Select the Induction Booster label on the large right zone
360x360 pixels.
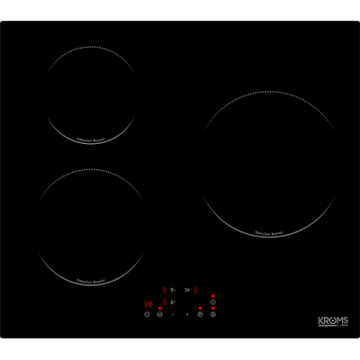pos(270,232)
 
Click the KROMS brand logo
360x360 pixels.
pos(332,322)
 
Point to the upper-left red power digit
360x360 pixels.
pos(165,290)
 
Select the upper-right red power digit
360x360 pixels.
pos(194,290)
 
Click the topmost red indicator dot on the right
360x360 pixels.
pos(213,295)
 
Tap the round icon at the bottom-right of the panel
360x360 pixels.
pos(213,314)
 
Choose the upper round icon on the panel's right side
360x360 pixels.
pos(213,302)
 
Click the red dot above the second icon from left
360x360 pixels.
pos(159,307)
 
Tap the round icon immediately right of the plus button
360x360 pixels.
pos(200,314)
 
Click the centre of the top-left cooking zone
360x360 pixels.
pos(92,94)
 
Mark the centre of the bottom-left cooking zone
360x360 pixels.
pos(92,226)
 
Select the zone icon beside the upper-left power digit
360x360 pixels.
pos(172,290)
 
